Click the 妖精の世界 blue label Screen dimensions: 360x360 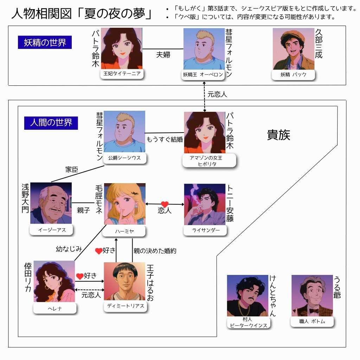click(x=45, y=43)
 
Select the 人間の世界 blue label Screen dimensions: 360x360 click(x=51, y=123)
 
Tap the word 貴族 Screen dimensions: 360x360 click(x=279, y=135)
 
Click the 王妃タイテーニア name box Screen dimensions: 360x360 click(x=122, y=74)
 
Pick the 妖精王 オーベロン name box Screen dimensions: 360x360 click(x=203, y=75)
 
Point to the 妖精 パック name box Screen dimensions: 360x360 click(x=293, y=75)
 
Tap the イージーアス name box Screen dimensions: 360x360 click(x=52, y=230)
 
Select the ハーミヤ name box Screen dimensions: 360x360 click(x=125, y=231)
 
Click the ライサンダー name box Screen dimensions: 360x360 click(x=206, y=230)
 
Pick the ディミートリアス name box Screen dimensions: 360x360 click(x=126, y=306)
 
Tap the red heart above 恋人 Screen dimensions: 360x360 click(x=165, y=204)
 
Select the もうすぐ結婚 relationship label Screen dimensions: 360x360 click(x=165, y=139)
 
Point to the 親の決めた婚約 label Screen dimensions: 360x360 click(x=155, y=251)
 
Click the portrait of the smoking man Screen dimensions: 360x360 click(x=205, y=204)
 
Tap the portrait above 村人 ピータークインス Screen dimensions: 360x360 click(x=247, y=296)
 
